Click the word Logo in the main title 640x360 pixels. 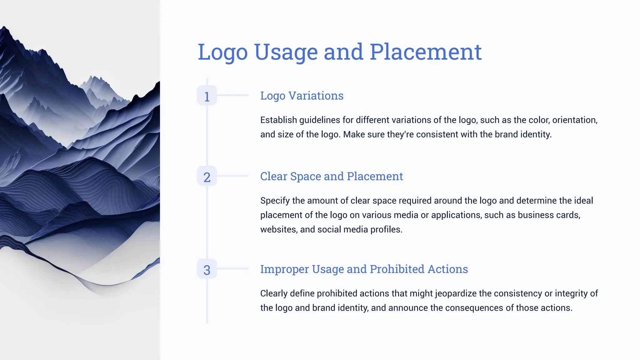[223, 52]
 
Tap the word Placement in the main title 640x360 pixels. [426, 52]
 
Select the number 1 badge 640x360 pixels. [207, 96]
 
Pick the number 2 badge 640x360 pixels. [207, 177]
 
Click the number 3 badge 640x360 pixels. [207, 269]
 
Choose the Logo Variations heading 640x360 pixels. [302, 96]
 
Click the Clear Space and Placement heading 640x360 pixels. [332, 176]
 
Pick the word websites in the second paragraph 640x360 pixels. [278, 229]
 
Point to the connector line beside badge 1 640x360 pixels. [233, 95]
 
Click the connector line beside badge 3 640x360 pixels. [233, 268]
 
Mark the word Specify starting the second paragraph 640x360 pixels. [275, 201]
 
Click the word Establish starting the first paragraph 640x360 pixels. [278, 120]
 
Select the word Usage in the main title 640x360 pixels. [286, 52]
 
